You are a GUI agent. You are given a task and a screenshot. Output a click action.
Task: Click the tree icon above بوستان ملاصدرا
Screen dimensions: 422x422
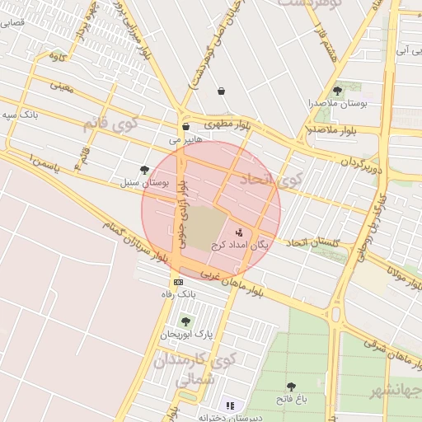point(337,91)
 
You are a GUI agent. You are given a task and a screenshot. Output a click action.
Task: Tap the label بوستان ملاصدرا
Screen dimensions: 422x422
point(337,104)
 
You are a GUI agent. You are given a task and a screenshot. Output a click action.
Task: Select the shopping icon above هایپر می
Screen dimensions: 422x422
point(185,127)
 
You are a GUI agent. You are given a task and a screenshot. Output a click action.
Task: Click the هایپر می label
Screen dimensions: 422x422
point(185,140)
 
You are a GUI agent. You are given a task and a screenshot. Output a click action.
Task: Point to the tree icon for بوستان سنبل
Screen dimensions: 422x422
point(145,170)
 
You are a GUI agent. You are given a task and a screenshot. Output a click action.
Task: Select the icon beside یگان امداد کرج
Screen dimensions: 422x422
point(239,232)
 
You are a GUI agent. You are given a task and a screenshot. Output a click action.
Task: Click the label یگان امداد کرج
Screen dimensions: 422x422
point(240,245)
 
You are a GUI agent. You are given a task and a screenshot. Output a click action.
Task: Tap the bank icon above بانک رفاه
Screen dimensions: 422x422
point(179,282)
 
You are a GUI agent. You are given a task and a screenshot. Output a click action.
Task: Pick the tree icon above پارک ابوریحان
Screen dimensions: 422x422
point(185,321)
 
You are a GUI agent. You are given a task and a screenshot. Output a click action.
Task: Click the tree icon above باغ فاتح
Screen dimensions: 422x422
point(291,386)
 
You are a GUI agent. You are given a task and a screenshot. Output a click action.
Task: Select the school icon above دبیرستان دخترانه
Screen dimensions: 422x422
point(231,406)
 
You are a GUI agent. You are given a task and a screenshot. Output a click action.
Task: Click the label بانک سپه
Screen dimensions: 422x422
point(21,114)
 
